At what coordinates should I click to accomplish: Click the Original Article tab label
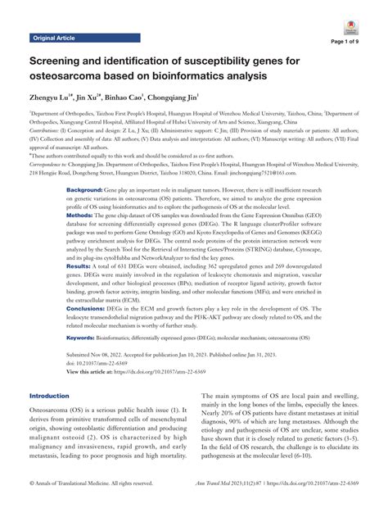pos(60,38)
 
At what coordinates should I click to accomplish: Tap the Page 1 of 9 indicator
pos(353,42)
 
